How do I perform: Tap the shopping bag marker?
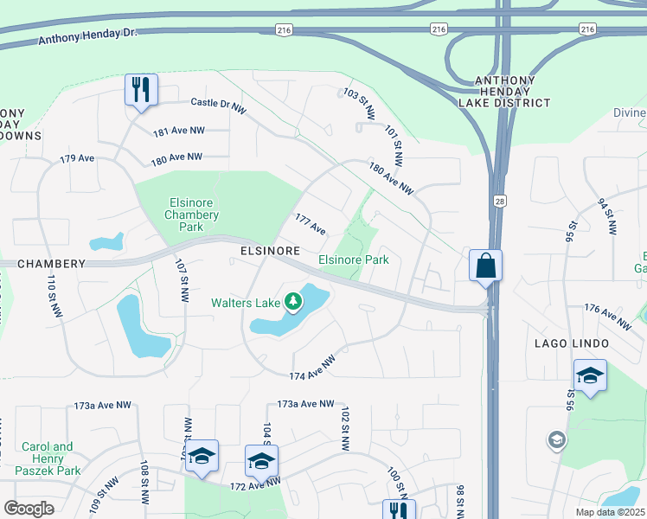(485, 266)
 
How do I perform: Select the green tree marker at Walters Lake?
(294, 302)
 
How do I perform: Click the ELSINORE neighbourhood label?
(271, 250)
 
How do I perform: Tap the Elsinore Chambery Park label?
(191, 215)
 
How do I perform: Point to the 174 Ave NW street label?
(311, 366)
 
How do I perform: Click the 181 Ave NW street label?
(179, 131)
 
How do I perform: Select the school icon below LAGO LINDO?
(590, 376)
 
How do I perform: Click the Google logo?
(29, 509)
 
